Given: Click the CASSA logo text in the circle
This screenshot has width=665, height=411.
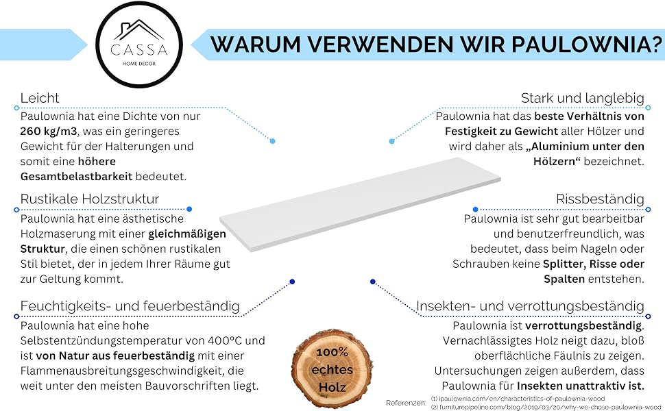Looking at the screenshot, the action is (x=138, y=49).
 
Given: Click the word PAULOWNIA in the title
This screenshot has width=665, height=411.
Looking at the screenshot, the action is (x=585, y=45).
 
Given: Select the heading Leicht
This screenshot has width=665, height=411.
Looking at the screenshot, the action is (x=40, y=98).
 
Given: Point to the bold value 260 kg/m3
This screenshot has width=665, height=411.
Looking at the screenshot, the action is (x=49, y=132).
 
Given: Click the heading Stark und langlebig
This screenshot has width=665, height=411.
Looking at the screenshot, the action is (x=582, y=98).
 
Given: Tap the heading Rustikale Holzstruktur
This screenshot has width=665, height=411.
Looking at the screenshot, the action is (x=90, y=199).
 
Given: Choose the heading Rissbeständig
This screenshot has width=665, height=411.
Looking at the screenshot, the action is (x=600, y=199).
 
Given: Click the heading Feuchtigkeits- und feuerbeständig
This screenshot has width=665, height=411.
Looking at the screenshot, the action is (x=130, y=306).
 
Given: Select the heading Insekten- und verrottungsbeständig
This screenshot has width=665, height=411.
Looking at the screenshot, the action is (x=530, y=306).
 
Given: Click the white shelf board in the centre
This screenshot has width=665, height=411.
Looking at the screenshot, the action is (x=360, y=204).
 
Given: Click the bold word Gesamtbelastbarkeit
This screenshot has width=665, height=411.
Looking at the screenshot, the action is (x=76, y=176).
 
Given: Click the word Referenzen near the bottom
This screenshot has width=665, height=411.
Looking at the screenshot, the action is (x=406, y=403).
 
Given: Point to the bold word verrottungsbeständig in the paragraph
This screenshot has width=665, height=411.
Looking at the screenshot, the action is (x=583, y=326).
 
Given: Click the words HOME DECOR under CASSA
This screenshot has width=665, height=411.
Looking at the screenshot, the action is (x=139, y=64).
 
